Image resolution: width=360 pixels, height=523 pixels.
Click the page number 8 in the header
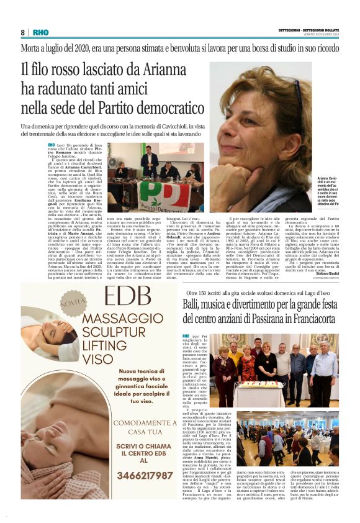[x=23, y=32]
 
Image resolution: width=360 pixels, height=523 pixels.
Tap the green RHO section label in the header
[x=40, y=32]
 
